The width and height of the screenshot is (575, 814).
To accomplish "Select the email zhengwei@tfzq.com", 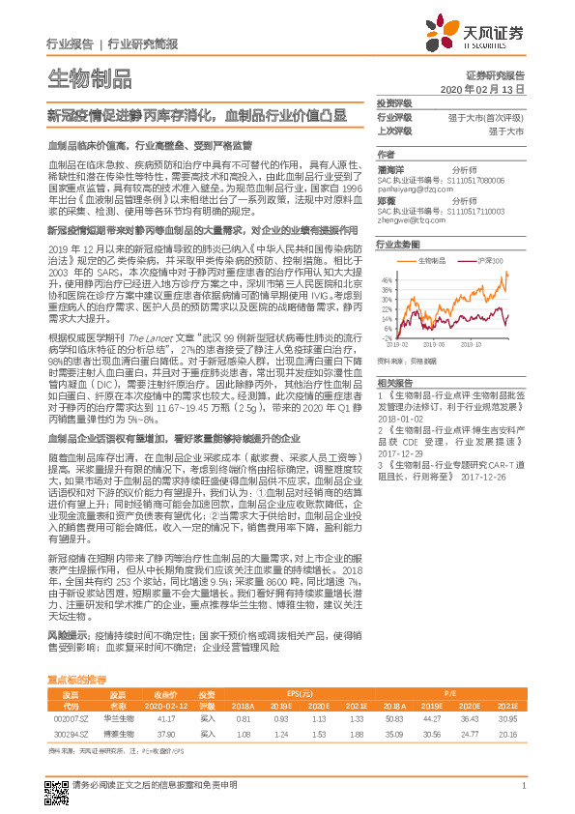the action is click(x=409, y=221).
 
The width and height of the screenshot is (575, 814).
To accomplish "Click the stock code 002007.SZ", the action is click(x=71, y=719).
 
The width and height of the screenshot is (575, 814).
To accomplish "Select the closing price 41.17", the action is click(x=164, y=719).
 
